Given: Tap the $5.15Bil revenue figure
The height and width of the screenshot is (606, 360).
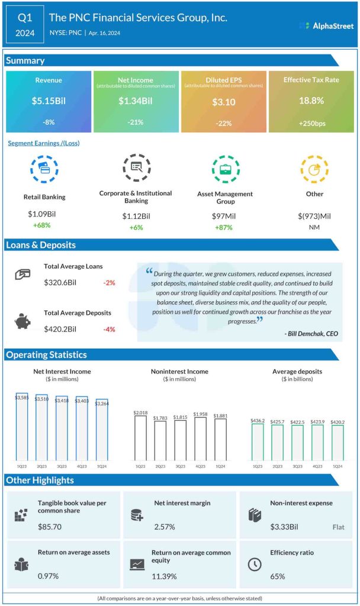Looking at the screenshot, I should [48, 101].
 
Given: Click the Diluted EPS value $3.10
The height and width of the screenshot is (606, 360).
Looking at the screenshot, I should [223, 102].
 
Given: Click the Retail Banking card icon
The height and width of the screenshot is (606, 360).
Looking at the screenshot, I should [45, 170].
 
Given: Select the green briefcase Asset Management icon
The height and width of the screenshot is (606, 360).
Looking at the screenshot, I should [225, 170].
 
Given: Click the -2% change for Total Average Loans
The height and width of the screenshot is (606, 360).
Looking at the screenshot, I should [108, 283].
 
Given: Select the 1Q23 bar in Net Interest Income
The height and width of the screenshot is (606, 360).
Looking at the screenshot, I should [21, 426].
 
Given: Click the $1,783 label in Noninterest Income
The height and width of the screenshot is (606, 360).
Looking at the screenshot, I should [160, 418].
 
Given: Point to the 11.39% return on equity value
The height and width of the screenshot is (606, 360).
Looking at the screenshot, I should [163, 576].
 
